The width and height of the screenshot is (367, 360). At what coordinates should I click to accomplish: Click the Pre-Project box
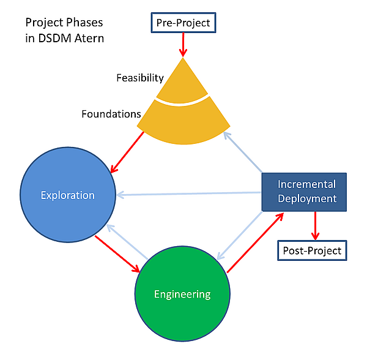[x=183, y=23]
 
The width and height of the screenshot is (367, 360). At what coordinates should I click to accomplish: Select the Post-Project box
[x=312, y=250]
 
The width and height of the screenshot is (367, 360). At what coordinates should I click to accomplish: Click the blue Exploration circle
[x=68, y=196]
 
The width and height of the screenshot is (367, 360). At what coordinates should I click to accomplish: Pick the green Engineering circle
[x=182, y=294]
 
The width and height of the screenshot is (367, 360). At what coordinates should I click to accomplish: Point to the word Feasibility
[x=141, y=78]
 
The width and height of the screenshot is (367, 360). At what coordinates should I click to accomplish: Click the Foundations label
[x=111, y=114]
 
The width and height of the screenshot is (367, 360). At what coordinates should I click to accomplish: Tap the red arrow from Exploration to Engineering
[x=119, y=253]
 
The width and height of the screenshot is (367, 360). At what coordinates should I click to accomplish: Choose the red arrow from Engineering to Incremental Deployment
[x=255, y=241]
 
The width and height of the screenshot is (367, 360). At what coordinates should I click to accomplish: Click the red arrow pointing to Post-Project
[x=316, y=225]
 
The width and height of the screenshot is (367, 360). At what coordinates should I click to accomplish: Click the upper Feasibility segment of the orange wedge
[x=183, y=83]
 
